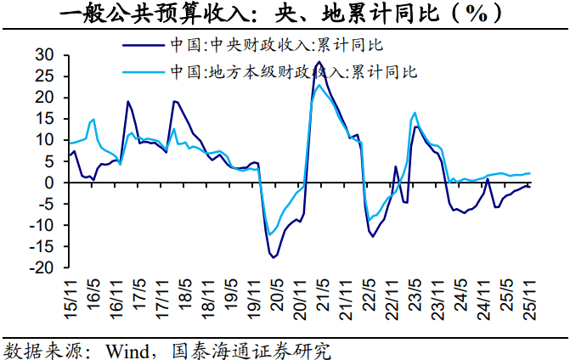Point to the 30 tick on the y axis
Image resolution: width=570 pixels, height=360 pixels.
44,54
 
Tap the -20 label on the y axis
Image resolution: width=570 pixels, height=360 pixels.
40,267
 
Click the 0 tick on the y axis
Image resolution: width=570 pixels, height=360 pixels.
49,183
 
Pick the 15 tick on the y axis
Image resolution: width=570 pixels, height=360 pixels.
44,118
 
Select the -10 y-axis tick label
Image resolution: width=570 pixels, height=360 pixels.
40,225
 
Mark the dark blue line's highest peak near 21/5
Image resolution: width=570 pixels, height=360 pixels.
318,62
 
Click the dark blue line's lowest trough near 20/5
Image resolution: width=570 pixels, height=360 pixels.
274,256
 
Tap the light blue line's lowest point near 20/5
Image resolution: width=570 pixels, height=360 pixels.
269,235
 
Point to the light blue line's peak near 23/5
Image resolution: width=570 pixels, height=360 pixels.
415,112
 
